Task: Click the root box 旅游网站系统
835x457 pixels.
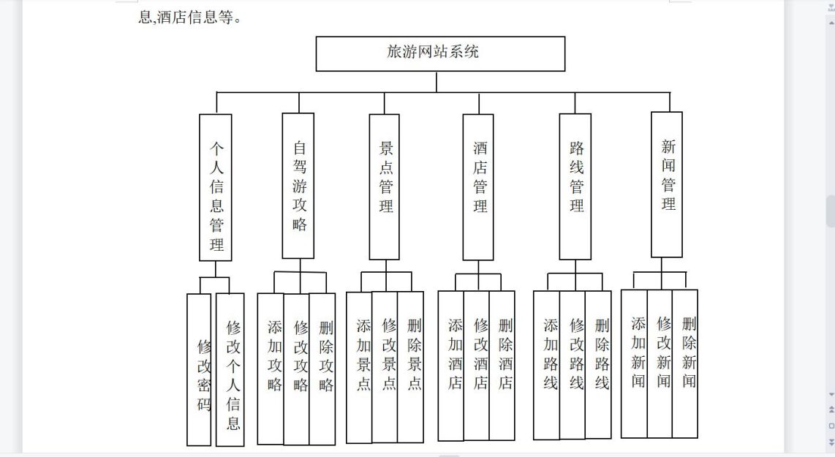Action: click(x=440, y=54)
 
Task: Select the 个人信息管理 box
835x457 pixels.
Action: click(x=216, y=187)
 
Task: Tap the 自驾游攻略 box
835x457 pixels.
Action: click(x=298, y=186)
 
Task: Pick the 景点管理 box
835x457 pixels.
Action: click(x=385, y=187)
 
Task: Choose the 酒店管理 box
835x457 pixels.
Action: click(x=478, y=187)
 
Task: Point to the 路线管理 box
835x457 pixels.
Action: click(x=575, y=187)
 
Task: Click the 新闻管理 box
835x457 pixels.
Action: click(x=667, y=185)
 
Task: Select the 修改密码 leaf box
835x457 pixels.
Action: click(x=199, y=370)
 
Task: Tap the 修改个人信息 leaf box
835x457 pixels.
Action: click(x=230, y=370)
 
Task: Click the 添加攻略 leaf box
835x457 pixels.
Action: click(x=271, y=369)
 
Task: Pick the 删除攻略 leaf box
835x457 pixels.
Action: click(x=322, y=369)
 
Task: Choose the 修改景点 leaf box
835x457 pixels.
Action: click(x=385, y=368)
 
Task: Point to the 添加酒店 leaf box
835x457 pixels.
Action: click(x=451, y=366)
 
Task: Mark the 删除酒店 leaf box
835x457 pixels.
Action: click(x=502, y=366)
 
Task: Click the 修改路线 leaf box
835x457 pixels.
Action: click(x=573, y=366)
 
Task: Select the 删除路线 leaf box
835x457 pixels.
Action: click(x=598, y=365)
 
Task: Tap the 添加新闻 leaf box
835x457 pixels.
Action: click(x=634, y=364)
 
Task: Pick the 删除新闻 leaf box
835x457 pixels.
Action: click(x=685, y=364)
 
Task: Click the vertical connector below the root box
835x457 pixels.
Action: click(x=437, y=81)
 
